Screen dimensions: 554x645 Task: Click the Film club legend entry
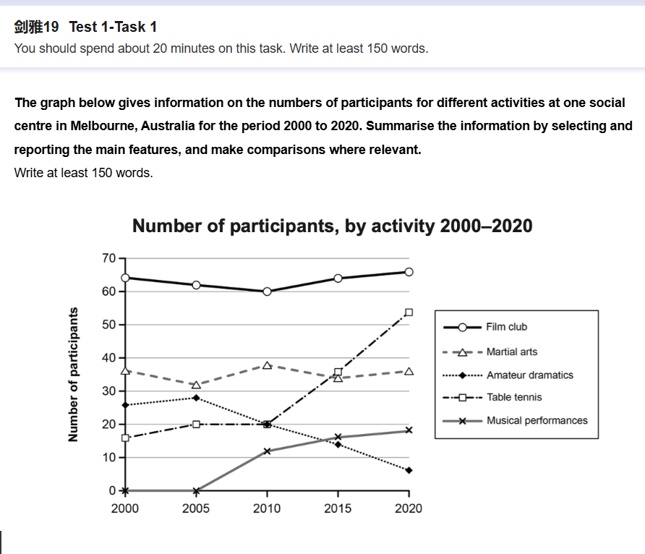(x=507, y=327)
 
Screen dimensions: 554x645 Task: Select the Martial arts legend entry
(x=511, y=352)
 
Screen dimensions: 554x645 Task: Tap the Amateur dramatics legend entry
(x=529, y=375)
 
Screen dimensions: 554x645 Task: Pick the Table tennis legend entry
(x=514, y=397)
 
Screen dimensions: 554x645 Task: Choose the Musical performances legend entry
(x=537, y=420)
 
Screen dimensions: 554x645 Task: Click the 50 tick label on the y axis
(x=109, y=325)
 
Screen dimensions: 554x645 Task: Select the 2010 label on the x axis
(x=267, y=508)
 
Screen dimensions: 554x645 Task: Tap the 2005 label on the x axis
(x=196, y=508)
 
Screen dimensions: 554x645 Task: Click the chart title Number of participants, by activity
(x=333, y=226)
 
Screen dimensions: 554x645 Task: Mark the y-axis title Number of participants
(x=72, y=375)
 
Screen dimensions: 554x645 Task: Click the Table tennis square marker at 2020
(x=409, y=312)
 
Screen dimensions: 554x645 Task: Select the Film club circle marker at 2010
(x=267, y=291)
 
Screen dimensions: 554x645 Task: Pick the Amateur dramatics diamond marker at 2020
(x=409, y=471)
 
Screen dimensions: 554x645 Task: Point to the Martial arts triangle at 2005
(x=196, y=385)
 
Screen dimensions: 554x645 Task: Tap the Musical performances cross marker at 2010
(x=267, y=451)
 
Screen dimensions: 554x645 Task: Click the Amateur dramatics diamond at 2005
(x=196, y=398)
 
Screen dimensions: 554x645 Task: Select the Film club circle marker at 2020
(x=409, y=272)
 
